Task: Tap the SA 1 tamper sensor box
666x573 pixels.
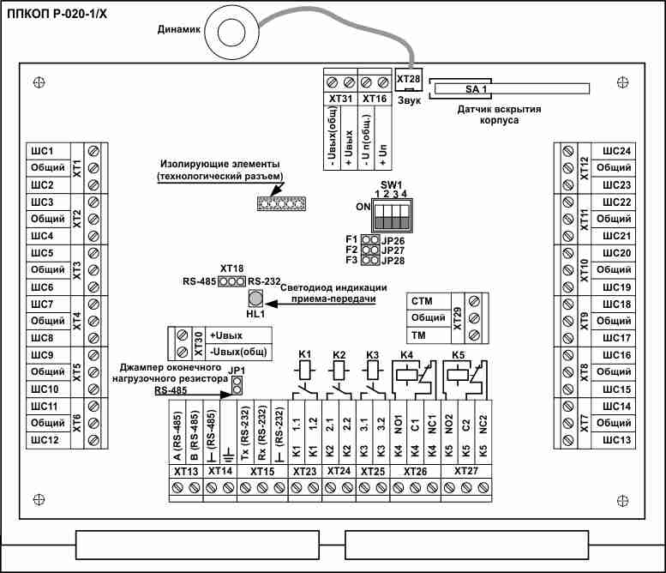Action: coord(477,88)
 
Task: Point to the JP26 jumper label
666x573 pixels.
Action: coord(393,239)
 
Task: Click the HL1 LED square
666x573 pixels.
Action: coord(255,299)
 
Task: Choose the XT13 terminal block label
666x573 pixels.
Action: coord(186,471)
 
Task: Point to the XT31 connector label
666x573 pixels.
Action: coord(341,99)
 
